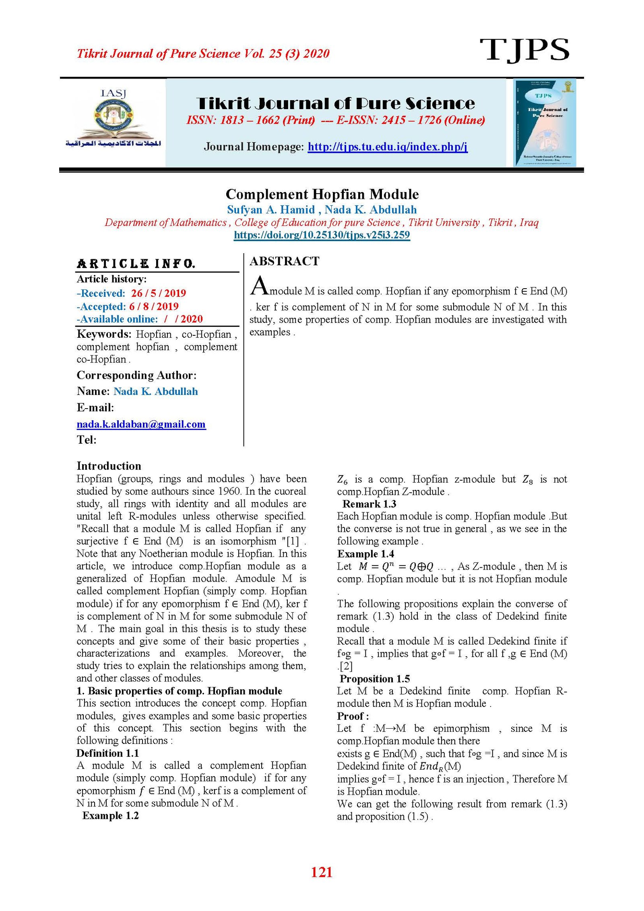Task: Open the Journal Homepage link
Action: [x=387, y=147]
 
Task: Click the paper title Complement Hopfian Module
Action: [x=322, y=194]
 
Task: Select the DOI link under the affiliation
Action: [x=322, y=235]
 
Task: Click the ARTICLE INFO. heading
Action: [x=136, y=264]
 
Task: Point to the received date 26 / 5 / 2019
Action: [x=158, y=293]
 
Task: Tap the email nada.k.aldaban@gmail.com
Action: [x=141, y=424]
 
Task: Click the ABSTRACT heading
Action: [x=284, y=261]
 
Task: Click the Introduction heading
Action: [x=109, y=466]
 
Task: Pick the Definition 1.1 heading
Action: [x=107, y=753]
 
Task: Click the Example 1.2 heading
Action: [x=110, y=815]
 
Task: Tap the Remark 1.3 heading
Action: [x=369, y=504]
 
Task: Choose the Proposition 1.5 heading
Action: [x=375, y=679]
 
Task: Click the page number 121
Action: [x=322, y=872]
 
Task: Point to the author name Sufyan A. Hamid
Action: [x=271, y=209]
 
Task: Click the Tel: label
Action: [x=87, y=440]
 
